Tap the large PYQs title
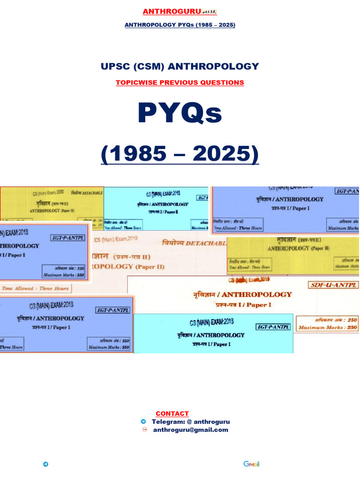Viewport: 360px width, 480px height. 180,113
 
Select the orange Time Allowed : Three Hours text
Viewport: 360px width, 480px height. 36,288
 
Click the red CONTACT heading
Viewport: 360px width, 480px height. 172,413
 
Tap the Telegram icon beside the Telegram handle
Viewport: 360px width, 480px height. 143,421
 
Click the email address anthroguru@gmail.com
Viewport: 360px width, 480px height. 190,429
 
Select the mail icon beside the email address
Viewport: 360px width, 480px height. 144,429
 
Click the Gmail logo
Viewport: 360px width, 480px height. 251,464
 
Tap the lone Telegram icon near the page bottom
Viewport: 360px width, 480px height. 45,464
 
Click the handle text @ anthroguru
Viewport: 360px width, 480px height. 208,421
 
